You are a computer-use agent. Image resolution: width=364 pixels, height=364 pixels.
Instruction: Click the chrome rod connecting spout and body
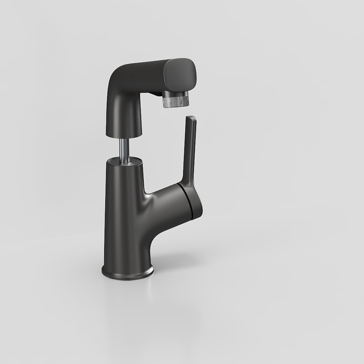pyautogui.click(x=124, y=148)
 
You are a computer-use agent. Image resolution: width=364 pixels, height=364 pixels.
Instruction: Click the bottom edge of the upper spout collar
pyautogui.click(x=124, y=135)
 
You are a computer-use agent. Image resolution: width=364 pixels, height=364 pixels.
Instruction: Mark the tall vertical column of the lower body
pyautogui.click(x=122, y=218)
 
